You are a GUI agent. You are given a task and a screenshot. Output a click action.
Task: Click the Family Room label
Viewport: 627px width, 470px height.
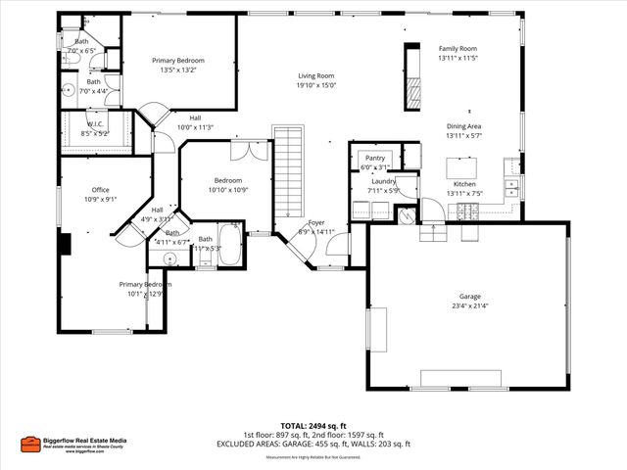point(457,48)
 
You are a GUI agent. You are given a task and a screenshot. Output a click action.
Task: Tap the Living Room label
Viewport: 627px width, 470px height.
point(316,75)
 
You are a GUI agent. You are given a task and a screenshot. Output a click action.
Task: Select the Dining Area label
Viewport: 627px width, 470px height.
point(463,125)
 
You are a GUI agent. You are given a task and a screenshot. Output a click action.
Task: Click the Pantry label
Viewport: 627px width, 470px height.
point(374,158)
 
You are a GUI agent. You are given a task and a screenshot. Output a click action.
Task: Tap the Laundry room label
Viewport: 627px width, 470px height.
point(383,181)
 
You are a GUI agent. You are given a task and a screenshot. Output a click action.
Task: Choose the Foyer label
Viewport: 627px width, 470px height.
point(316,223)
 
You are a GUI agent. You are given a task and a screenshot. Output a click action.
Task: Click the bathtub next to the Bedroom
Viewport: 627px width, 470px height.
point(229,240)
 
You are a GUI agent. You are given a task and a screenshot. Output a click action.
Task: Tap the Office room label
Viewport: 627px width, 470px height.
point(100,189)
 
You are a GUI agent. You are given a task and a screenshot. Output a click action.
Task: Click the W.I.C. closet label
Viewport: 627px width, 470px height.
point(95,123)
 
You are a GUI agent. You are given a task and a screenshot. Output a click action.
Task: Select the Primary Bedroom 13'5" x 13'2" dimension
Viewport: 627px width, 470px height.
point(177,70)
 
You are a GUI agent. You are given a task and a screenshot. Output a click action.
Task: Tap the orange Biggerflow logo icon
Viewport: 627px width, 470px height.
point(30,443)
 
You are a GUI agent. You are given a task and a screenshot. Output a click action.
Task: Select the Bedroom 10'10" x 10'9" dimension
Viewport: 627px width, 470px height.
point(228,190)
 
